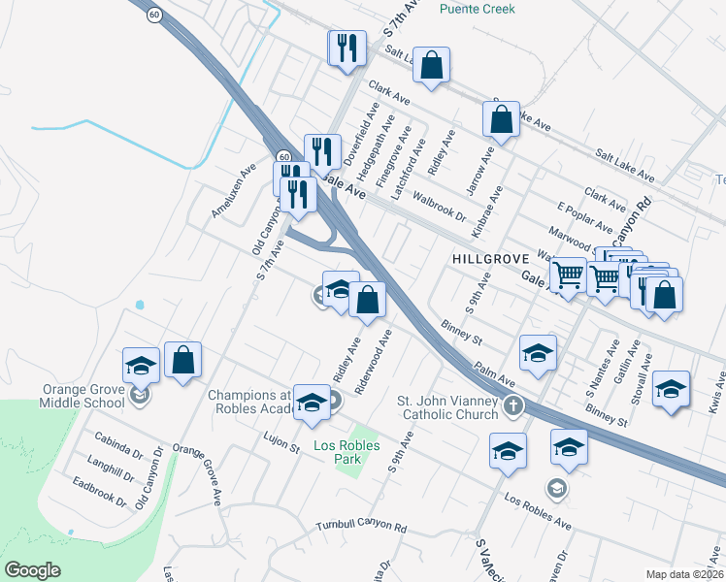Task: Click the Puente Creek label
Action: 477,9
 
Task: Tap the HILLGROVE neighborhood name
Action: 489,259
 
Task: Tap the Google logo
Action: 32,569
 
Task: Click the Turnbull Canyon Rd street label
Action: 361,526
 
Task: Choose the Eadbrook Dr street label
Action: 99,491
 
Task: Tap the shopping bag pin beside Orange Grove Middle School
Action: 182,361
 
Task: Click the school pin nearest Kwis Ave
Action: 671,389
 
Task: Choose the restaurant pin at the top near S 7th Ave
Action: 346,47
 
